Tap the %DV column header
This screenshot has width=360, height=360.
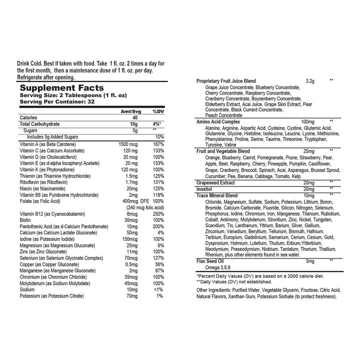(158, 111)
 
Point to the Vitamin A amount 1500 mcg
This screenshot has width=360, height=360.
(127, 144)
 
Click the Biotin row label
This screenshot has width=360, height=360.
(25, 220)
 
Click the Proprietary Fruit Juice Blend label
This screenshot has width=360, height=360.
(226, 80)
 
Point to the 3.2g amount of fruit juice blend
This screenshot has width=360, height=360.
(309, 80)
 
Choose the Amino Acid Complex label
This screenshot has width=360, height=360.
(218, 121)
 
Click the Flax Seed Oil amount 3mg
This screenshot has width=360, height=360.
(310, 261)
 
